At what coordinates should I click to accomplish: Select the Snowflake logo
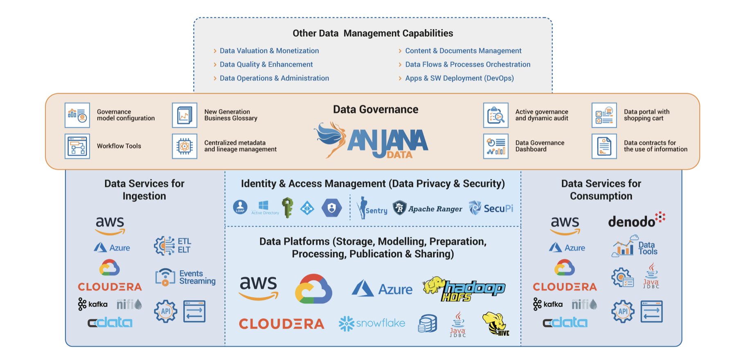[x=372, y=323]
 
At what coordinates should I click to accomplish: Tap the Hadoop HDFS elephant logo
[x=464, y=289]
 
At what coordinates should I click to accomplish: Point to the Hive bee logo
[x=495, y=323]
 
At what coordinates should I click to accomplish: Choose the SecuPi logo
[x=491, y=208]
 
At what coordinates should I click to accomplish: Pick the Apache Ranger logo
[x=427, y=208]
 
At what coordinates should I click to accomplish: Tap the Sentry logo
[x=372, y=208]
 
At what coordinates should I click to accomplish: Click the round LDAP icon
[x=240, y=207]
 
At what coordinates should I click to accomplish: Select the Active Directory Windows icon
[x=264, y=207]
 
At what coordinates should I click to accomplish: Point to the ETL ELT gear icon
[x=164, y=246]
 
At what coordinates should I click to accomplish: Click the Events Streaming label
[x=197, y=277]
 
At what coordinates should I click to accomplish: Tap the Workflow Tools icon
[x=77, y=146]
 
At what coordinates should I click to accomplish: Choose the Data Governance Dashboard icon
[x=495, y=146]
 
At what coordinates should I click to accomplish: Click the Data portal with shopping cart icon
[x=604, y=115]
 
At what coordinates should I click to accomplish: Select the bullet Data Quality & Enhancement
[x=266, y=65]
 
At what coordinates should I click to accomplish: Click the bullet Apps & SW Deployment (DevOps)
[x=459, y=78]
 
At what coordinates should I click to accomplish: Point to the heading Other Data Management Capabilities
[x=373, y=33]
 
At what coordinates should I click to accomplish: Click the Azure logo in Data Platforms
[x=382, y=289]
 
